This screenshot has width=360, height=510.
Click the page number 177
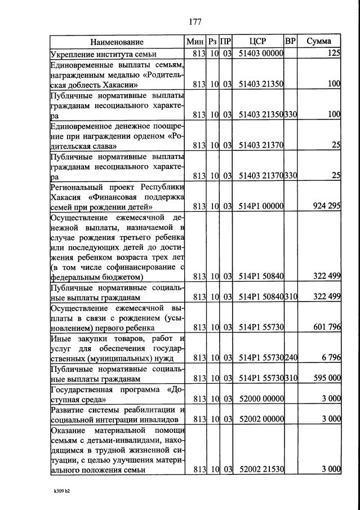click(x=195, y=22)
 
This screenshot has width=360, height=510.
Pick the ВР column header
click(x=291, y=41)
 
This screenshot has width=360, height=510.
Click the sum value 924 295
click(x=326, y=206)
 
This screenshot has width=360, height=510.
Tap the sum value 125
click(x=334, y=54)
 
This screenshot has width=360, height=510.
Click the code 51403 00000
click(x=261, y=54)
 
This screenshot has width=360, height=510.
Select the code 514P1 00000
click(x=261, y=206)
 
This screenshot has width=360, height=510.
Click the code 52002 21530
click(x=261, y=469)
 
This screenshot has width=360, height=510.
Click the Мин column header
click(x=195, y=41)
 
